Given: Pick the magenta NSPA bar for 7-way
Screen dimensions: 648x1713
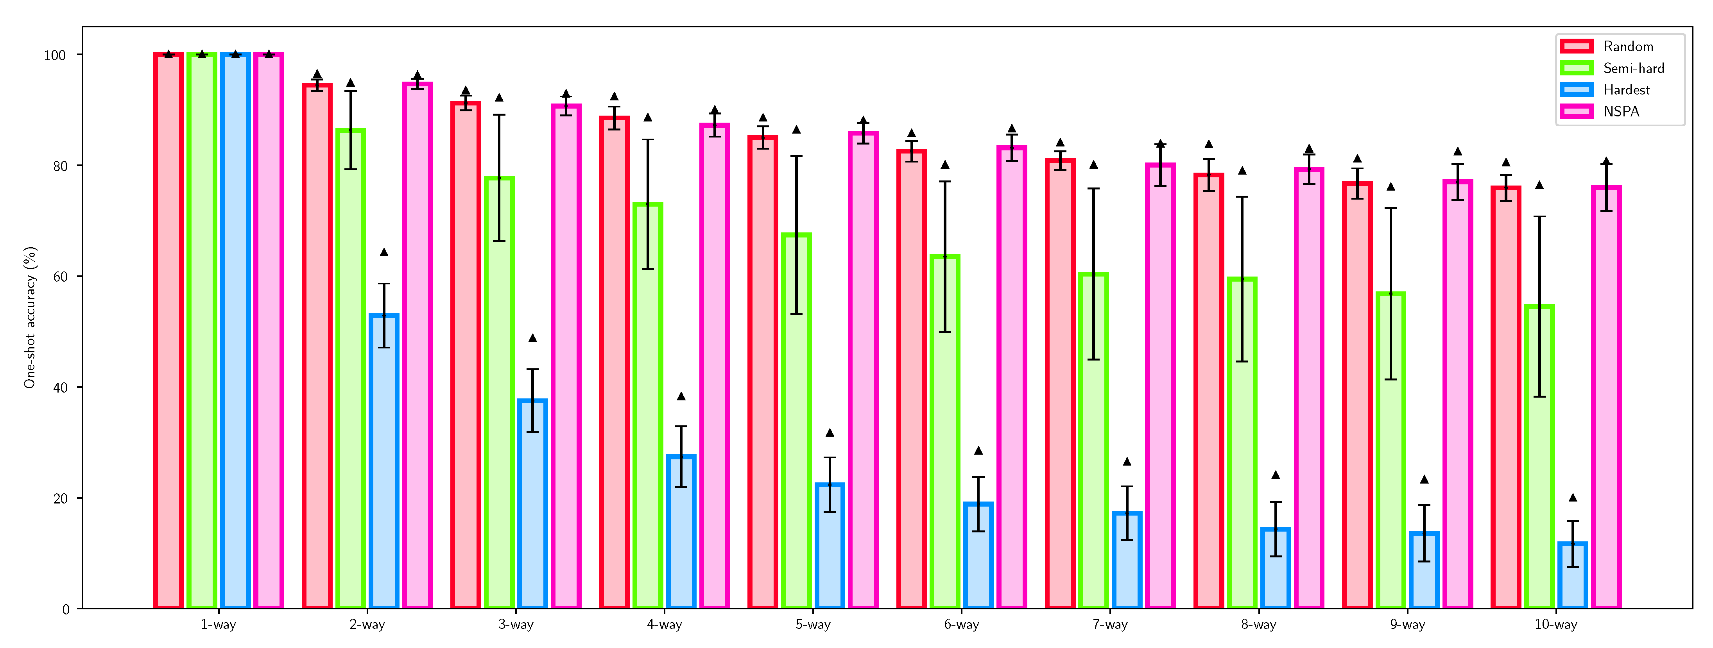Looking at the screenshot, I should coord(1160,386).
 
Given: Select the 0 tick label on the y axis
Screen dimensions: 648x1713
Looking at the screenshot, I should coord(65,609).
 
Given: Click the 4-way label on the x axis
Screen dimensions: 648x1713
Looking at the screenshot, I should coord(664,625).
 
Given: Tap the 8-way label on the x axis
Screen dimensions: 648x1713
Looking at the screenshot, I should coord(1258,625).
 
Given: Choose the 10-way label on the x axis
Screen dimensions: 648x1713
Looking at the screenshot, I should coord(1555,625).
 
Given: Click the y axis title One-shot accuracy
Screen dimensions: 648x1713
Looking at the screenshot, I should coord(30,318).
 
